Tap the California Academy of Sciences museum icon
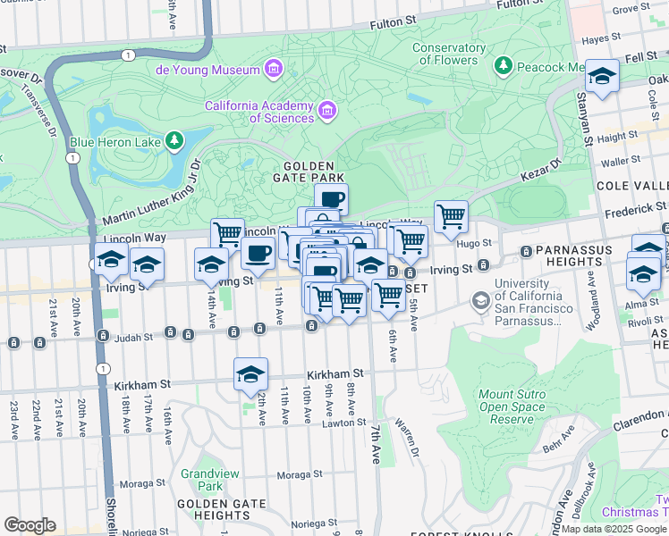click(x=327, y=112)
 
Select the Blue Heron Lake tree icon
click(x=174, y=141)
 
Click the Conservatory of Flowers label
click(x=445, y=54)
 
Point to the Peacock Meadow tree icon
click(x=504, y=66)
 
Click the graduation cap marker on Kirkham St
click(x=251, y=373)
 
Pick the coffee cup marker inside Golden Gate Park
click(x=331, y=198)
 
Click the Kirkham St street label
click(x=334, y=374)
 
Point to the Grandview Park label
click(x=201, y=480)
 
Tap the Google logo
click(x=30, y=525)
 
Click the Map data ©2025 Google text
click(x=614, y=530)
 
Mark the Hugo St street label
click(x=475, y=242)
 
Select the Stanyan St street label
click(x=584, y=120)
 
